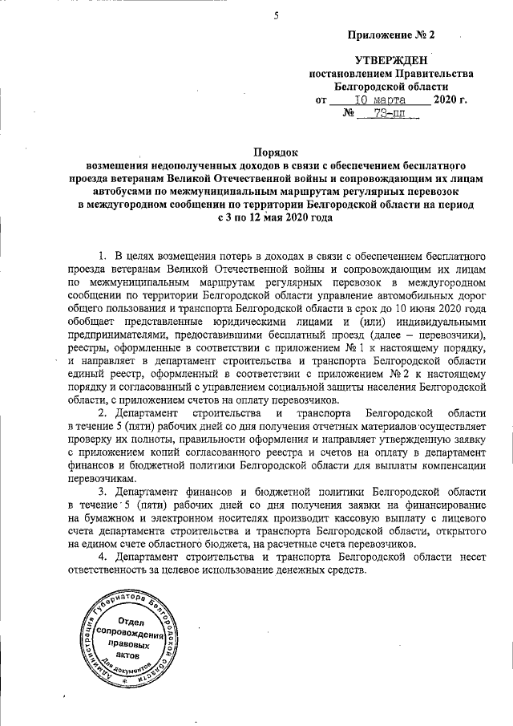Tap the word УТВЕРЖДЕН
391,60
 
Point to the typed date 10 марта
377,99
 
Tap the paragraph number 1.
102,255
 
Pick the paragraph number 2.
102,412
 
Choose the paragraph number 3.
102,490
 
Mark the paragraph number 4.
102,556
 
